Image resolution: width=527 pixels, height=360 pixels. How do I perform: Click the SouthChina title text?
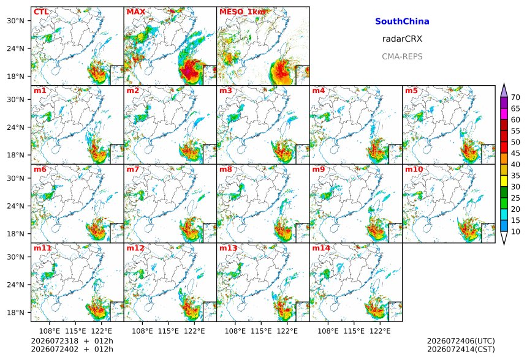(402, 21)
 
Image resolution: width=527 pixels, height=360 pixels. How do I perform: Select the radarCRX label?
(402, 39)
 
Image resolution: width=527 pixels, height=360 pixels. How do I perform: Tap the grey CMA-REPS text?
(402, 56)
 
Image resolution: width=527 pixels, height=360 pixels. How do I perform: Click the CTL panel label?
(41, 12)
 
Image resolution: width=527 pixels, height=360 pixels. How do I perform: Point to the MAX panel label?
(136, 12)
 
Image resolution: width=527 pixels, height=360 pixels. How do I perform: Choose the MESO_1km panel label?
(242, 12)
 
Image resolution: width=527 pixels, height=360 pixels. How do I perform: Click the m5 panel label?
(411, 91)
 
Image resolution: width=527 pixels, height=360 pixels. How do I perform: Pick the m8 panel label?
(226, 169)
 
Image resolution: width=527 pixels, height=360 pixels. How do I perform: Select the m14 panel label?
(321, 248)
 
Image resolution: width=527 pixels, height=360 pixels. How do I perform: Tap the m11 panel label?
(42, 248)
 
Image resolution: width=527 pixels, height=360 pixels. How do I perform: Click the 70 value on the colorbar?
(515, 97)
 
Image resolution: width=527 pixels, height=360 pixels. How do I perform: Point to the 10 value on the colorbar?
(515, 231)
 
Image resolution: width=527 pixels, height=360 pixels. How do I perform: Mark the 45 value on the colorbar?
(515, 153)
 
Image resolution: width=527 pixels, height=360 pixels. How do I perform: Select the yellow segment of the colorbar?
(504, 181)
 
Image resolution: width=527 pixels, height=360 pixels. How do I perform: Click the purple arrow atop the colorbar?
(504, 91)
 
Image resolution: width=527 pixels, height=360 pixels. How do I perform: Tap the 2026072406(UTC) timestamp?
(461, 341)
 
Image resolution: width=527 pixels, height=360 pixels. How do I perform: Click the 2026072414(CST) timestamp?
(461, 349)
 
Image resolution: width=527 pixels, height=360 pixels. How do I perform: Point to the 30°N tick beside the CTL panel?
(15, 20)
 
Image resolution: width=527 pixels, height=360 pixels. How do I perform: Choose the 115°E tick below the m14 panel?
(354, 331)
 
